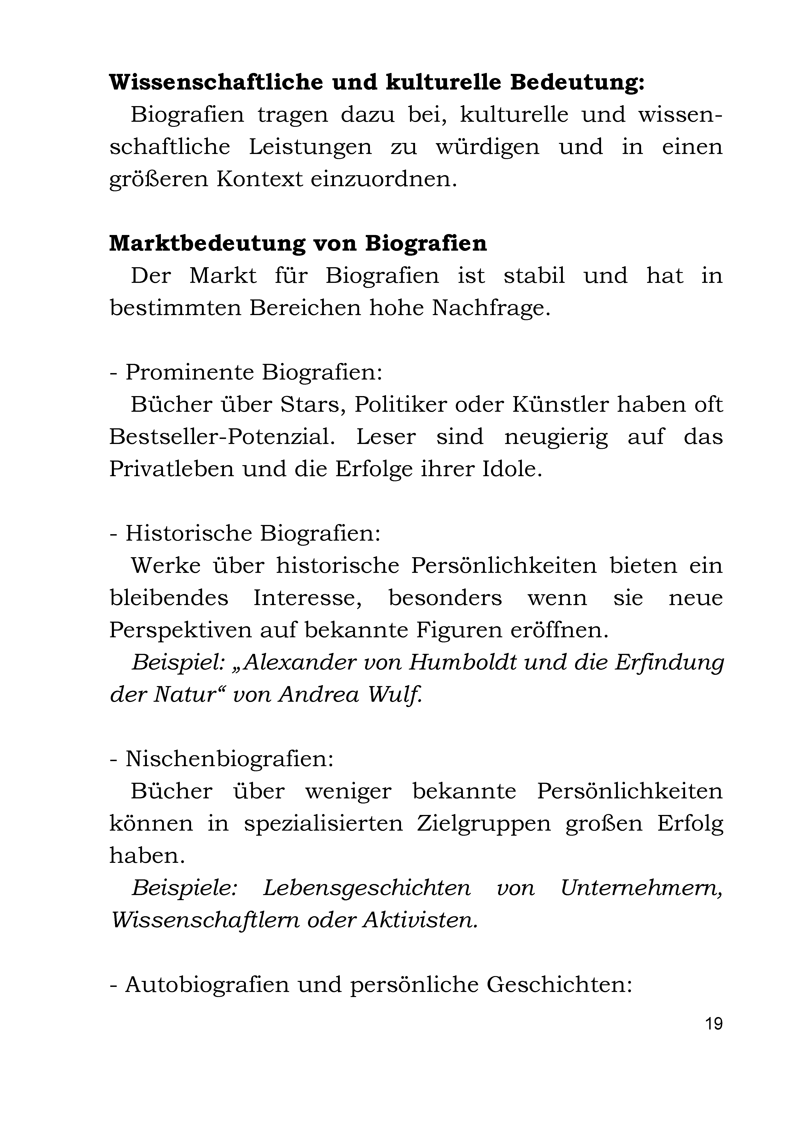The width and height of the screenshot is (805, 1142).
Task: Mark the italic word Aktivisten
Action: point(420,921)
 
